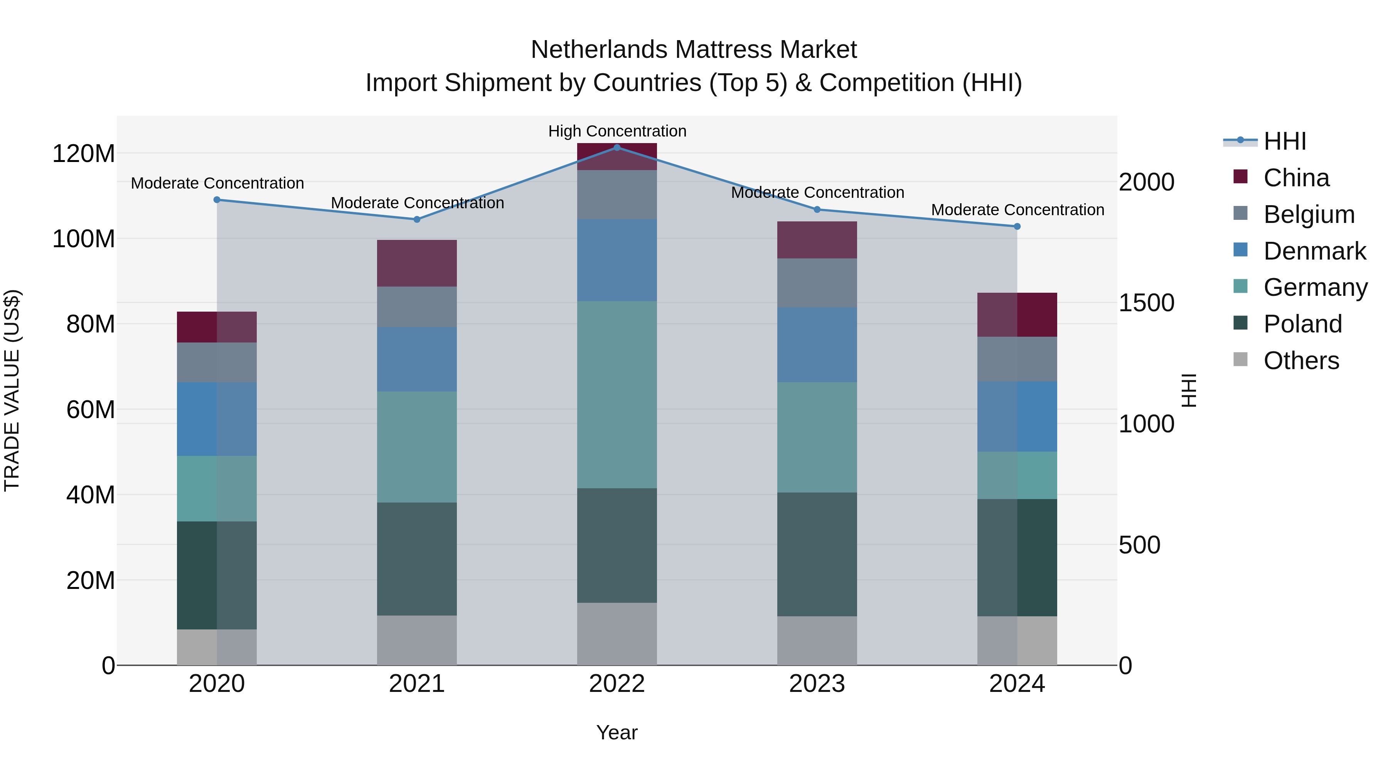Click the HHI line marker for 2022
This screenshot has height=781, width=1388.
(x=617, y=147)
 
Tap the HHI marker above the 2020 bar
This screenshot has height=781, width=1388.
(x=217, y=199)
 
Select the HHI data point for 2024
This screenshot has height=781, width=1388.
(x=1017, y=226)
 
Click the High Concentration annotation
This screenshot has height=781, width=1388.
(x=617, y=131)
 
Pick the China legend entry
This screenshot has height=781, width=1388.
(x=1296, y=178)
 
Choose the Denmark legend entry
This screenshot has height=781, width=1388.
(x=1314, y=251)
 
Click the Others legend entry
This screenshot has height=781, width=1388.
(x=1301, y=361)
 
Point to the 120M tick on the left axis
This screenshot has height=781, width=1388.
(x=84, y=154)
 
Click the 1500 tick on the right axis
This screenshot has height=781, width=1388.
(x=1146, y=303)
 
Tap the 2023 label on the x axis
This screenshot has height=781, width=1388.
(x=817, y=684)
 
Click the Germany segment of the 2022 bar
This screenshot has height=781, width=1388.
(x=617, y=395)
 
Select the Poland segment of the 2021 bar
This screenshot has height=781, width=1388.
(x=416, y=559)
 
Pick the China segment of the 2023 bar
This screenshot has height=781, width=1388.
(x=817, y=240)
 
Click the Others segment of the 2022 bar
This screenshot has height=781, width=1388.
(x=617, y=634)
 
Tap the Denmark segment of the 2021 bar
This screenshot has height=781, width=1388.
(x=416, y=359)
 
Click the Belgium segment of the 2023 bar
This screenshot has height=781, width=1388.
(x=817, y=283)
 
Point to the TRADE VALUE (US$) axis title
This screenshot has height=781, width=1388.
(x=12, y=390)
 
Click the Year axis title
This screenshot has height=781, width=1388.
(x=617, y=732)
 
